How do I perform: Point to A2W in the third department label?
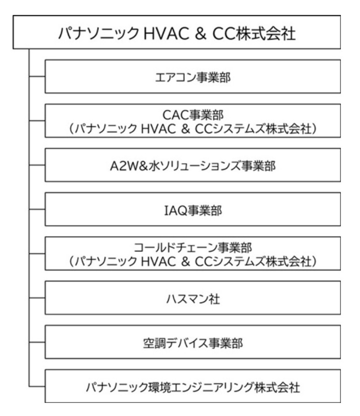point(120,164)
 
